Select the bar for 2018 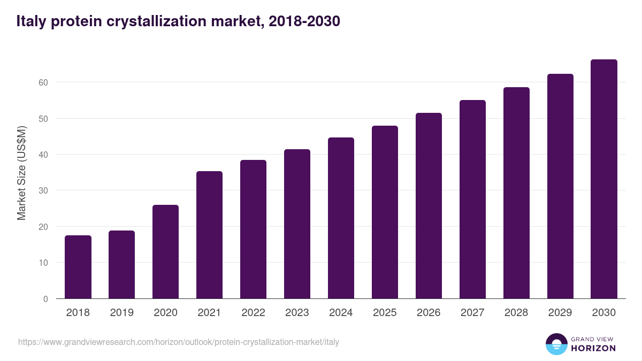78,267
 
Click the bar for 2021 209,235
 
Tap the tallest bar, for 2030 604,179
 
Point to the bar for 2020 165,252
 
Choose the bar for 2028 516,193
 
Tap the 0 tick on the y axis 45,299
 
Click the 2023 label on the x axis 297,313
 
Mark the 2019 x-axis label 121,313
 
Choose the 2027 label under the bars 472,313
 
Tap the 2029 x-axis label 560,313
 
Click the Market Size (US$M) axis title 21,173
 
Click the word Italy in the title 32,21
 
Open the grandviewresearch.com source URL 179,342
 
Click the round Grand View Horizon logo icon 556,344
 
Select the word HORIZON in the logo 593,348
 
